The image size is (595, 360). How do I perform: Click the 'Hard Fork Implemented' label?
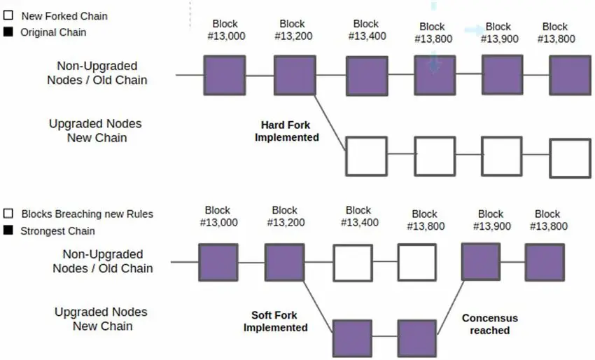coord(286,131)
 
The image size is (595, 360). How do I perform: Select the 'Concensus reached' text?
coord(489,324)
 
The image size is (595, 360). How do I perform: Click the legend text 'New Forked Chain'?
coord(64,15)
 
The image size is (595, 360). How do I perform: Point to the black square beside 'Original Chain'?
coord(8,32)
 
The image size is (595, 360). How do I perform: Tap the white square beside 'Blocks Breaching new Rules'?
coord(8,214)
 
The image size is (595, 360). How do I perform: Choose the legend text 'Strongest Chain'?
coord(57,230)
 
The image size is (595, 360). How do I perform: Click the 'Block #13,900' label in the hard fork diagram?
coord(500,33)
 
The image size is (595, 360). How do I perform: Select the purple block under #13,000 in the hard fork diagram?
coord(225,75)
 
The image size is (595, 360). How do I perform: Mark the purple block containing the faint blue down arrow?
coord(435,75)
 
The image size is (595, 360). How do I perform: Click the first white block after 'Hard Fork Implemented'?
coord(366,156)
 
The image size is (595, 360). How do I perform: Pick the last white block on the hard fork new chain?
coord(570,158)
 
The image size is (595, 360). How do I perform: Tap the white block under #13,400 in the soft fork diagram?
coord(352,262)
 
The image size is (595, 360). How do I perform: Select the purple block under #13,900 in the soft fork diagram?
coord(480,262)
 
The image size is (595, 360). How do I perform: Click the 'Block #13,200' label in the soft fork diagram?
coord(284,216)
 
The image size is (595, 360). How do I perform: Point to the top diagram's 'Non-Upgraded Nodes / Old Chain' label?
coord(101,73)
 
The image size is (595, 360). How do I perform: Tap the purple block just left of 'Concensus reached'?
coord(417,338)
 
